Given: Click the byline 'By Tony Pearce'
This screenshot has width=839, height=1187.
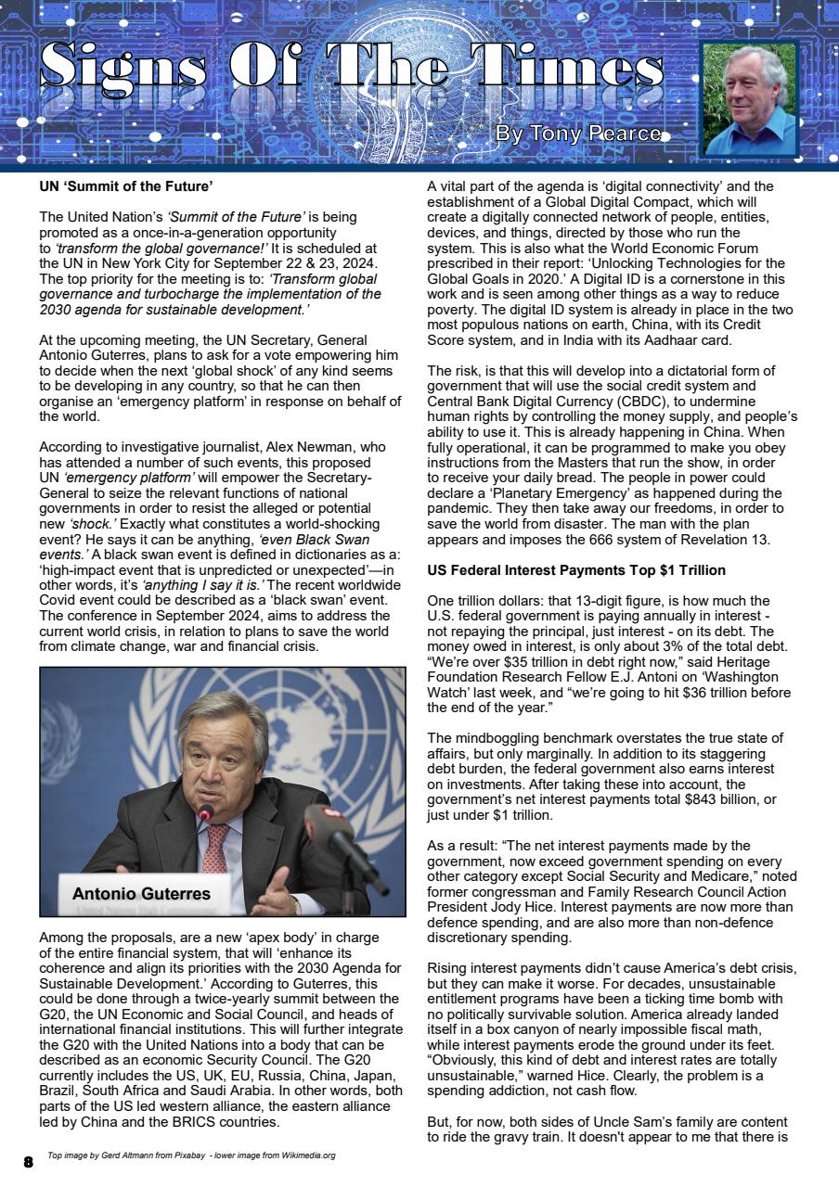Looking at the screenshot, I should coord(577,134).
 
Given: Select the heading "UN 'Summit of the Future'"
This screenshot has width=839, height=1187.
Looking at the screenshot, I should coord(126,186).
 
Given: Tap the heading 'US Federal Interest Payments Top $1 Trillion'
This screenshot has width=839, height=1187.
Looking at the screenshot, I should coord(576,569).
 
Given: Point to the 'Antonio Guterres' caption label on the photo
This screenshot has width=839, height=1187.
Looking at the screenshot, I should coord(141,894).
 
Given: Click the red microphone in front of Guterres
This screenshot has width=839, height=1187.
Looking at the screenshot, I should coord(204,814).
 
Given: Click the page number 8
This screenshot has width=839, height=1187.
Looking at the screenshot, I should coord(28,1161).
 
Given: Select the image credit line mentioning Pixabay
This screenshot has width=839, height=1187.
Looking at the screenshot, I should coord(191,1155).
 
